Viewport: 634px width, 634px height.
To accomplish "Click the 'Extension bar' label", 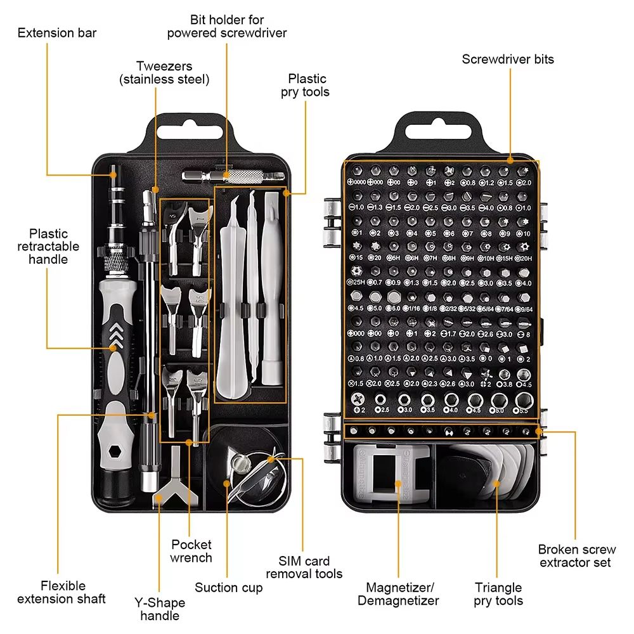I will point(57,32).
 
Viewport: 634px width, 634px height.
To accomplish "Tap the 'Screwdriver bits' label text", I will point(508,60).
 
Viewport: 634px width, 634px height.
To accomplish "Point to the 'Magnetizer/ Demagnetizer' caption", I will point(398,594).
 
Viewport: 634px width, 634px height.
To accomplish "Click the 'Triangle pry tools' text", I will point(498,594).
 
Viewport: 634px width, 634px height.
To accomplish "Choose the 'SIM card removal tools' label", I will point(304,567).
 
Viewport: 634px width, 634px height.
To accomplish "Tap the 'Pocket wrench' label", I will point(191,551).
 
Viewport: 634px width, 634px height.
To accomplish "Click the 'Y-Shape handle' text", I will point(160,609).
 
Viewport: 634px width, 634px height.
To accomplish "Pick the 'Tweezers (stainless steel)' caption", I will point(164,73).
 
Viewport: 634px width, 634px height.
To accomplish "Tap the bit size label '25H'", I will point(358,282).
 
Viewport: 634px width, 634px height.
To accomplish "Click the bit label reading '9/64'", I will point(524,309).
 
